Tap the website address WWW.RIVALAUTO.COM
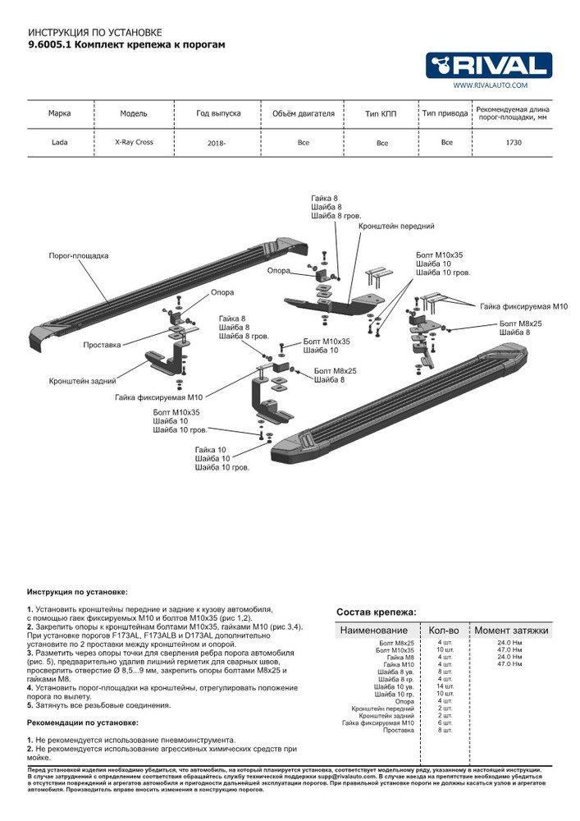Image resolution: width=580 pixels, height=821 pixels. click(490, 85)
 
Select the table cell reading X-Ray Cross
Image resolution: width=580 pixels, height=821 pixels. click(134, 142)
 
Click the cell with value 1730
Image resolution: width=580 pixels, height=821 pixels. click(514, 142)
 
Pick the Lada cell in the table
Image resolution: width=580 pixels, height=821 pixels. click(60, 142)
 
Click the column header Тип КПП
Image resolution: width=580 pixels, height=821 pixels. click(381, 113)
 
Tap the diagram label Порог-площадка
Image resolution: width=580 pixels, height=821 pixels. click(79, 256)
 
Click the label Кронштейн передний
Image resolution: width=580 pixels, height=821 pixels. click(402, 225)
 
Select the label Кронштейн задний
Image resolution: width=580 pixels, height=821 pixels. click(82, 381)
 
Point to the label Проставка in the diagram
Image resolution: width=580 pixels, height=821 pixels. click(102, 345)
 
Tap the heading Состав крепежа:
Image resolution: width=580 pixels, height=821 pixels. click(376, 612)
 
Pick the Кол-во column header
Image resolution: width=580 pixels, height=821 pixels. click(444, 631)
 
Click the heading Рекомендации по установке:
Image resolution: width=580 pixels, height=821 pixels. click(83, 722)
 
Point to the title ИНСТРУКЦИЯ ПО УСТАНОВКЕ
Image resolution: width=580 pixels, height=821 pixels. click(83, 32)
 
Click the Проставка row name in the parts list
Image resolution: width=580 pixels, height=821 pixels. click(399, 730)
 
